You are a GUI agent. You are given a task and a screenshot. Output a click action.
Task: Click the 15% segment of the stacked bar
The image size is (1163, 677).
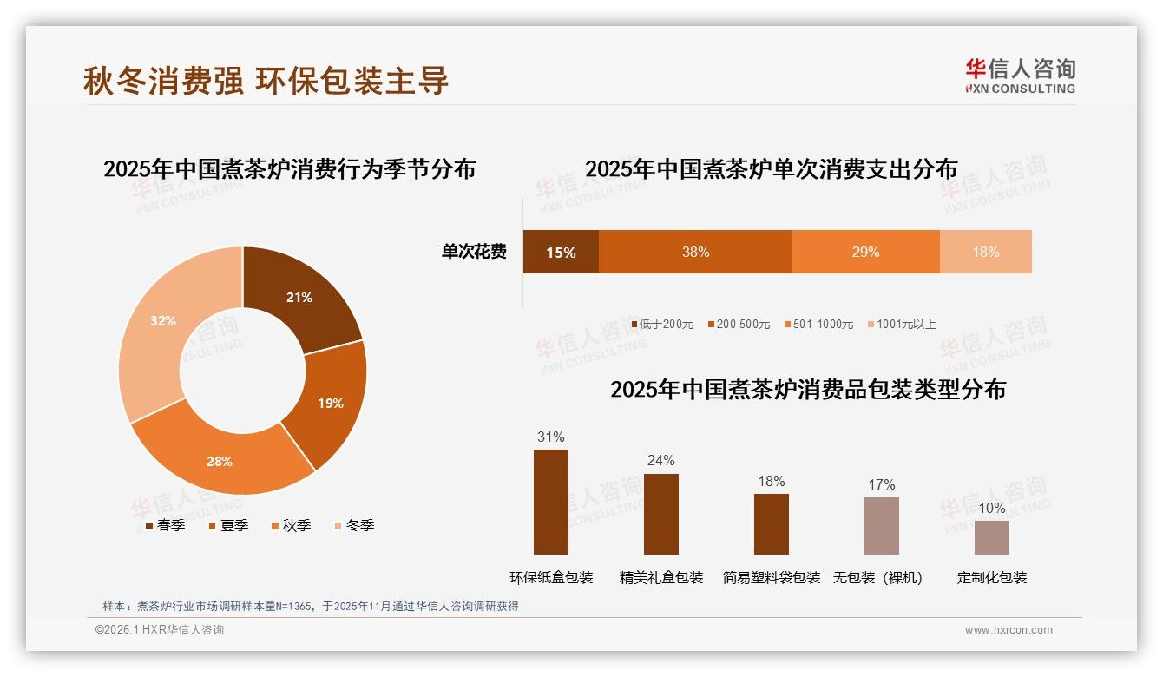tap(561, 252)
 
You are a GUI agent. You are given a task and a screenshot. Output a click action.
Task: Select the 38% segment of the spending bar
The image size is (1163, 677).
tap(695, 252)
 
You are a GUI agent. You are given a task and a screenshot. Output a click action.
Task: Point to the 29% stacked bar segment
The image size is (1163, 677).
tap(865, 252)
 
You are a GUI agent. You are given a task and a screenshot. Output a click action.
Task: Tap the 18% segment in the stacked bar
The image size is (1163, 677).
tap(985, 252)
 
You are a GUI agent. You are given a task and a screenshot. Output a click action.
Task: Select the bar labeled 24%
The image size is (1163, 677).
tap(661, 514)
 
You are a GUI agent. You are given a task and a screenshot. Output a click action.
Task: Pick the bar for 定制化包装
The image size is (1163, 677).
tap(991, 537)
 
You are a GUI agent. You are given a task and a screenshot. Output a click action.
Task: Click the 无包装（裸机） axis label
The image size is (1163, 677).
tap(877, 577)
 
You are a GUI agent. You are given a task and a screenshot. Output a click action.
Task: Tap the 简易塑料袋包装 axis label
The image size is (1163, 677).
tap(771, 577)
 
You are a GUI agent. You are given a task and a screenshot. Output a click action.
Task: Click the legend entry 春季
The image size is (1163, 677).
tap(165, 525)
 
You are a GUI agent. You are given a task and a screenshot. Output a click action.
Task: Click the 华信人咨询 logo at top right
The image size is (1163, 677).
tap(1020, 76)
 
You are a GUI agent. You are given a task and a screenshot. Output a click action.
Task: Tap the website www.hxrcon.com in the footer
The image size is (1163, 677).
tap(1009, 630)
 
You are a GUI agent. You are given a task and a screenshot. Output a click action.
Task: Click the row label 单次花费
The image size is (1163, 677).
tap(474, 252)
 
